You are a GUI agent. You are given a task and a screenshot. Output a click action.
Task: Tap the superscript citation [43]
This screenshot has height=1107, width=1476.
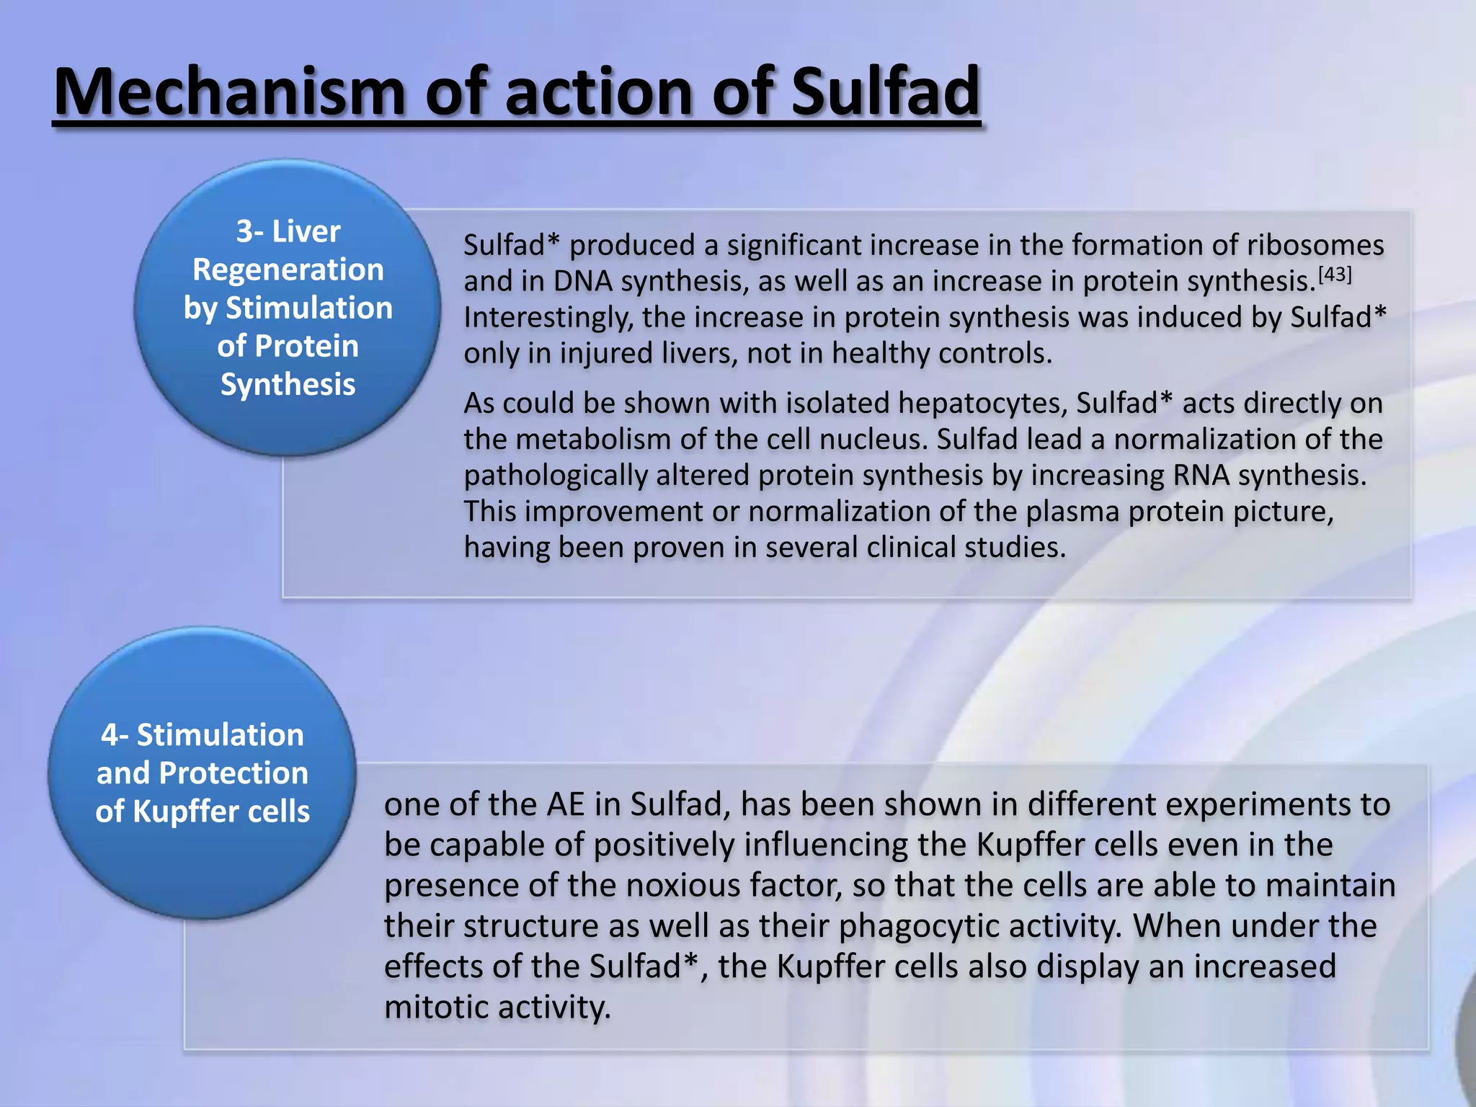coord(1334,275)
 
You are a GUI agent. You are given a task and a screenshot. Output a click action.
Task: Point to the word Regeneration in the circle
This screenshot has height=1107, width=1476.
coord(288,270)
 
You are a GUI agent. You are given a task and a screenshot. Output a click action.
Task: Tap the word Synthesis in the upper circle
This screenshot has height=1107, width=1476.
coord(288,384)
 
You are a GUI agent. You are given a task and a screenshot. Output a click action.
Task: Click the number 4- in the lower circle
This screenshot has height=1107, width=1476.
coord(115,735)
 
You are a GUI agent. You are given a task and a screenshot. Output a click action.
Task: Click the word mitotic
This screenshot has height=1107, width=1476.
coord(436,1008)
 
